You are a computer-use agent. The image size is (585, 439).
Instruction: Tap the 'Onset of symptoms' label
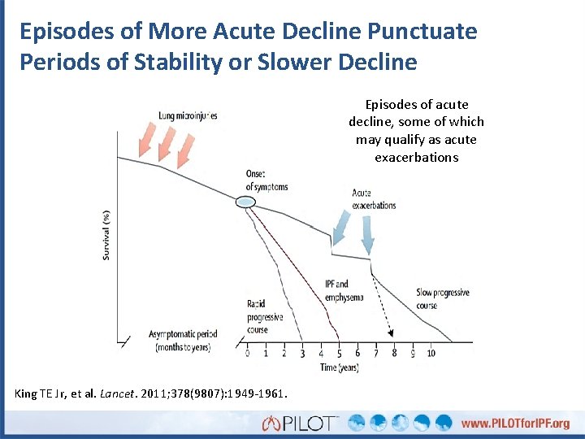(266, 180)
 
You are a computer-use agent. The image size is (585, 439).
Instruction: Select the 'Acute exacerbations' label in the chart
(374, 199)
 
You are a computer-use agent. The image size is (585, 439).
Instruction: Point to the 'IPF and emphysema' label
(336, 290)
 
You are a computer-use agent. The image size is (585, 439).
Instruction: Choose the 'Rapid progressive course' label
(266, 317)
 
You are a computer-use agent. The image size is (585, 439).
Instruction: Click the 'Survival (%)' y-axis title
(106, 236)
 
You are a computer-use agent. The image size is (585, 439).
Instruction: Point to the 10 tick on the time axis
(431, 354)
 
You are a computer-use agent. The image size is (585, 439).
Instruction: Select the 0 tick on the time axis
(248, 354)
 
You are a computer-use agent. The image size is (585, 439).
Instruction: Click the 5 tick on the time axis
(339, 354)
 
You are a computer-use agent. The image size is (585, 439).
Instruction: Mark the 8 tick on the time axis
(394, 354)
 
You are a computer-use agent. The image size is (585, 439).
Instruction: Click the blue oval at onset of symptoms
(245, 201)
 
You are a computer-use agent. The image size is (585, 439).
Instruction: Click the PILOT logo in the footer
(300, 423)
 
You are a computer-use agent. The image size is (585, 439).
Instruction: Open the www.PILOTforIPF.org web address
(515, 424)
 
